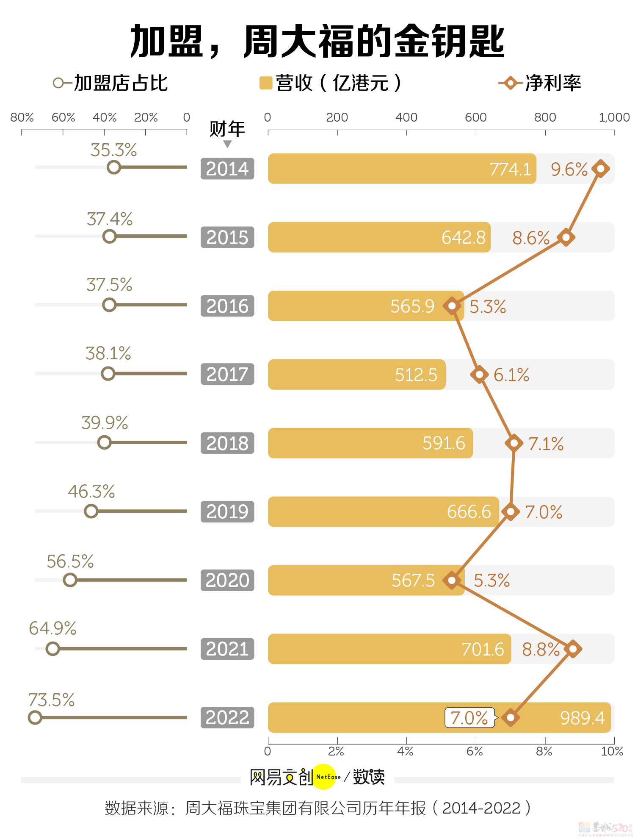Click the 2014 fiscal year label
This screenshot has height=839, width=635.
tap(227, 169)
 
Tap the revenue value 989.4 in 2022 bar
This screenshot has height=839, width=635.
tap(582, 718)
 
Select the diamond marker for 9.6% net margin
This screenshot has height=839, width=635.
tap(600, 169)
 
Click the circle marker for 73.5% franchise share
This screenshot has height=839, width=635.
tap(35, 717)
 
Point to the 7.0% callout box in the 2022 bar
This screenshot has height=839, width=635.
tap(469, 718)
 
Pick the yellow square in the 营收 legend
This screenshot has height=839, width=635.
tap(265, 83)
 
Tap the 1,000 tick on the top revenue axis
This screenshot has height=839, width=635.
tap(614, 117)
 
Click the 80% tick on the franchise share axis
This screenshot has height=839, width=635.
tap(22, 117)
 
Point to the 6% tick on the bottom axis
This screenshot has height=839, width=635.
tap(475, 751)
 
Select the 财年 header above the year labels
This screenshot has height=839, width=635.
tap(227, 129)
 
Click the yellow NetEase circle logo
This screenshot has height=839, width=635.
tap(325, 777)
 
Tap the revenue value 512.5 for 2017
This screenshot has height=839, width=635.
tap(416, 375)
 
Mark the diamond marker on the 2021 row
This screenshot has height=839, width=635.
tap(573, 649)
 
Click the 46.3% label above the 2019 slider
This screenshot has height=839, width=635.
tap(91, 492)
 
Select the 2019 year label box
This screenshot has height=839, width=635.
tap(227, 511)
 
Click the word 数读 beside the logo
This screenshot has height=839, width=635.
tap(369, 777)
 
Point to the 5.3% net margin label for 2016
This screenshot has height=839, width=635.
tap(488, 306)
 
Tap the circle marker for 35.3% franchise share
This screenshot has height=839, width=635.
tap(114, 167)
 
